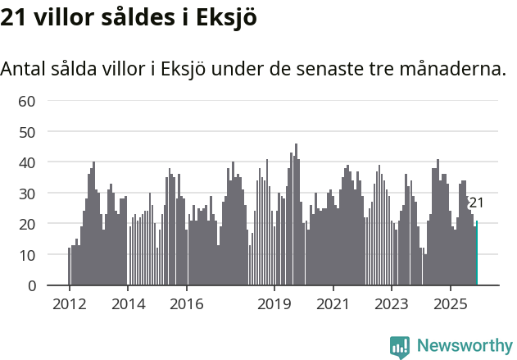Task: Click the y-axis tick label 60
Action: point(28,101)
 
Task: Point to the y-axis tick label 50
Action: point(28,132)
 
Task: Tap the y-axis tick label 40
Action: point(28,162)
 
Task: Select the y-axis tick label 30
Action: point(28,194)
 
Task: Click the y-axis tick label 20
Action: point(28,224)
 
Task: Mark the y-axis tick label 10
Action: point(28,255)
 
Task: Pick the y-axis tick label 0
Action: point(32,285)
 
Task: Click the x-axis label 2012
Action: point(69,304)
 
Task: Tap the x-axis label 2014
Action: point(127,304)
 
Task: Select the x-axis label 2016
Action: point(186,304)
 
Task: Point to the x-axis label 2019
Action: point(274,304)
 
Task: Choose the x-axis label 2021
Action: point(332,304)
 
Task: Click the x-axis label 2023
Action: point(391,304)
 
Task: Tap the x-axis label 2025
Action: point(450,304)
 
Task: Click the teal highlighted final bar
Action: point(477,253)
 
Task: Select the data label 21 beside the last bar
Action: point(476,203)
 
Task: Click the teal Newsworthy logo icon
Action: point(400,346)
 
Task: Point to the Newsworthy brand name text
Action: point(465,346)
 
